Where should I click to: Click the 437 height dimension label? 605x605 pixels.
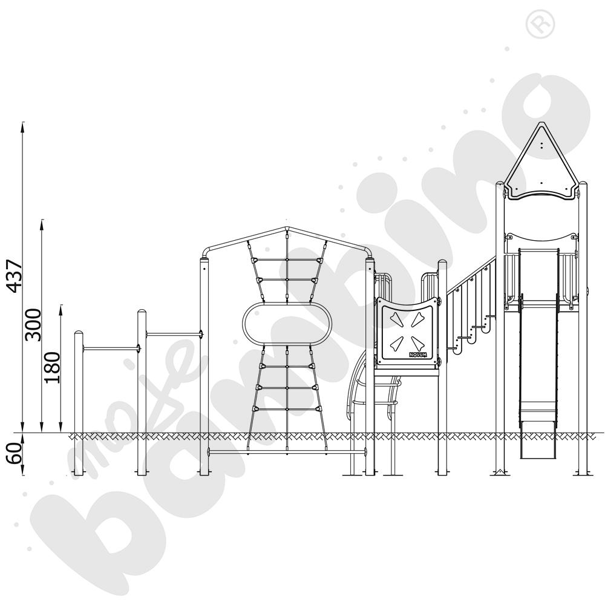16,276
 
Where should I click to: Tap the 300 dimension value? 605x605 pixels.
33,325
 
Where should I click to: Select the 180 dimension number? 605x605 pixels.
53,367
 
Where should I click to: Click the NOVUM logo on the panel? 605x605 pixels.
418,354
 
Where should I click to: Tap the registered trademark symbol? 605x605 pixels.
540,24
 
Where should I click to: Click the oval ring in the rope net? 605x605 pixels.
287,324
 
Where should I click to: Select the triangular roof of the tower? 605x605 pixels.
541,162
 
